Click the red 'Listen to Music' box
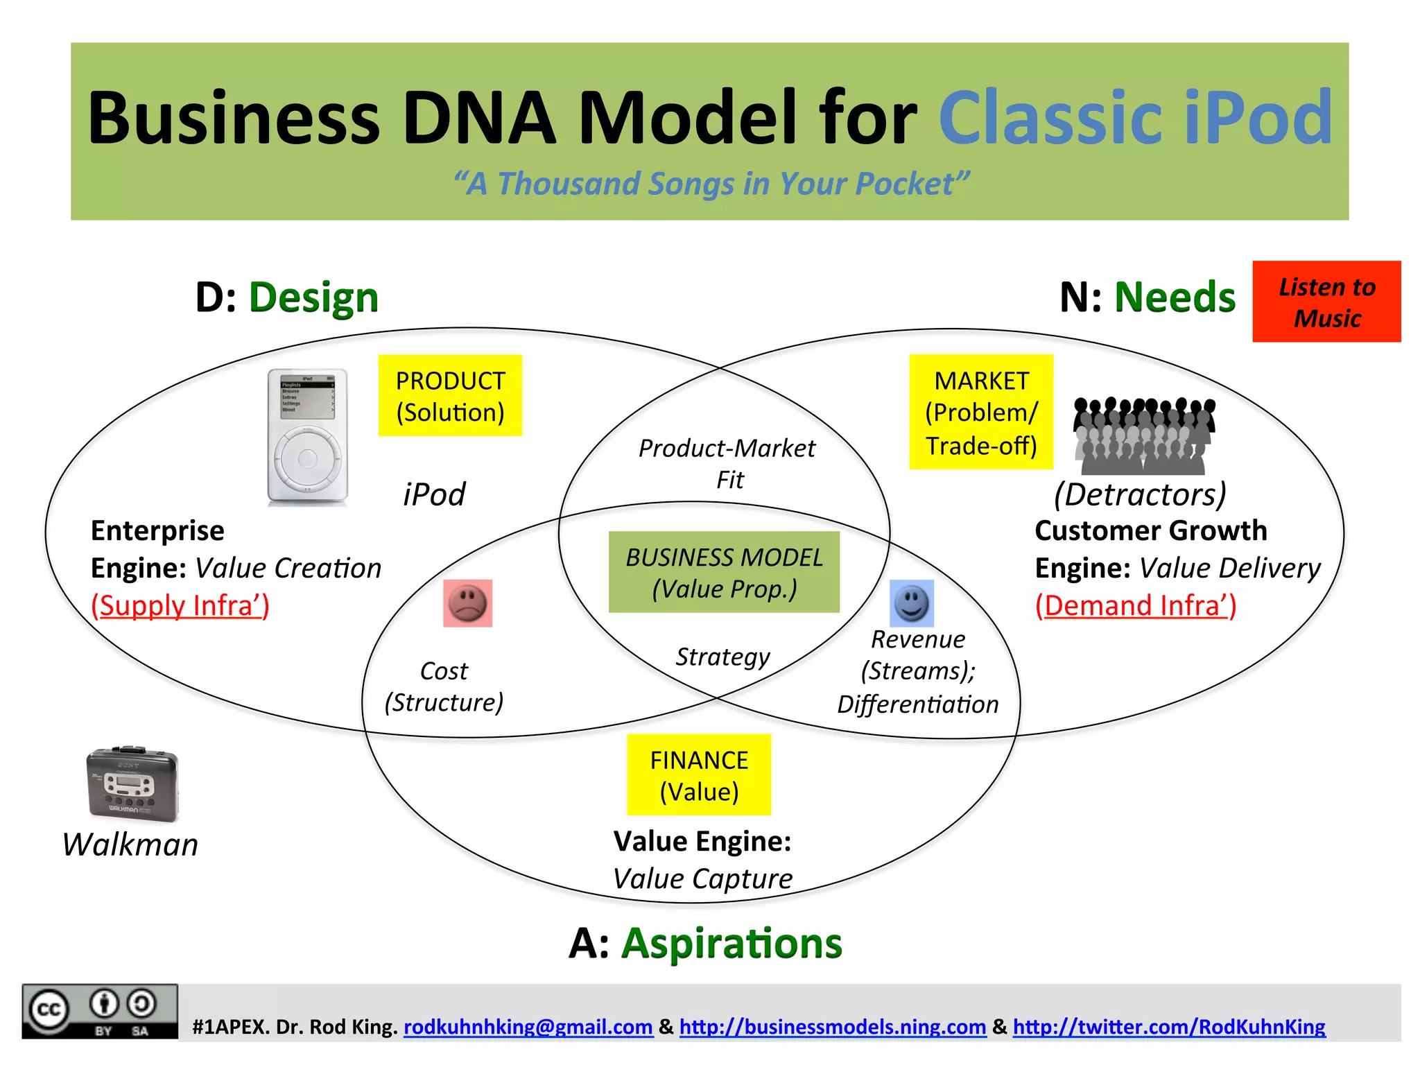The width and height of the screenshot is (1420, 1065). click(x=1326, y=302)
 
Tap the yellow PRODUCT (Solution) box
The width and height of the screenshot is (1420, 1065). click(x=450, y=396)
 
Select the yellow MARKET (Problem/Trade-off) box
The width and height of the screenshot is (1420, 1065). click(x=980, y=413)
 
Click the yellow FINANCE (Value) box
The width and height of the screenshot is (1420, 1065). click(x=698, y=775)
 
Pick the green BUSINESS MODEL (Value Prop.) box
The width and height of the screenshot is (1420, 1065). click(x=724, y=573)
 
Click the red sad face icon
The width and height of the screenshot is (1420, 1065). click(x=467, y=603)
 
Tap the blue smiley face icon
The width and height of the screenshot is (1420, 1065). click(x=911, y=603)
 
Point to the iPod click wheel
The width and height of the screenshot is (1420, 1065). click(x=307, y=458)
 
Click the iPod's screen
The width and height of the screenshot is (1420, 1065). click(x=307, y=398)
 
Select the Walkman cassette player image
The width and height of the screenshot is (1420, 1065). click(x=132, y=784)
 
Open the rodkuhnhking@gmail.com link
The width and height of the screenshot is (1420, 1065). click(x=528, y=1027)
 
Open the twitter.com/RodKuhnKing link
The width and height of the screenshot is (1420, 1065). click(x=1168, y=1027)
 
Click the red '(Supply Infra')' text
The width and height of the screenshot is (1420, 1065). click(x=180, y=606)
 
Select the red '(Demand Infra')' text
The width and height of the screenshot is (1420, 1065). click(x=1135, y=606)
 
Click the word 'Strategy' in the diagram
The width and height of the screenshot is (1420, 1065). click(x=722, y=657)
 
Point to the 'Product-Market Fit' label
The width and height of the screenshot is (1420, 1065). click(x=727, y=463)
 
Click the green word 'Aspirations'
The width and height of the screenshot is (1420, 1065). click(x=731, y=944)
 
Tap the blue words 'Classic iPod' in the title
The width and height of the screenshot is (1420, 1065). click(x=1134, y=118)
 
